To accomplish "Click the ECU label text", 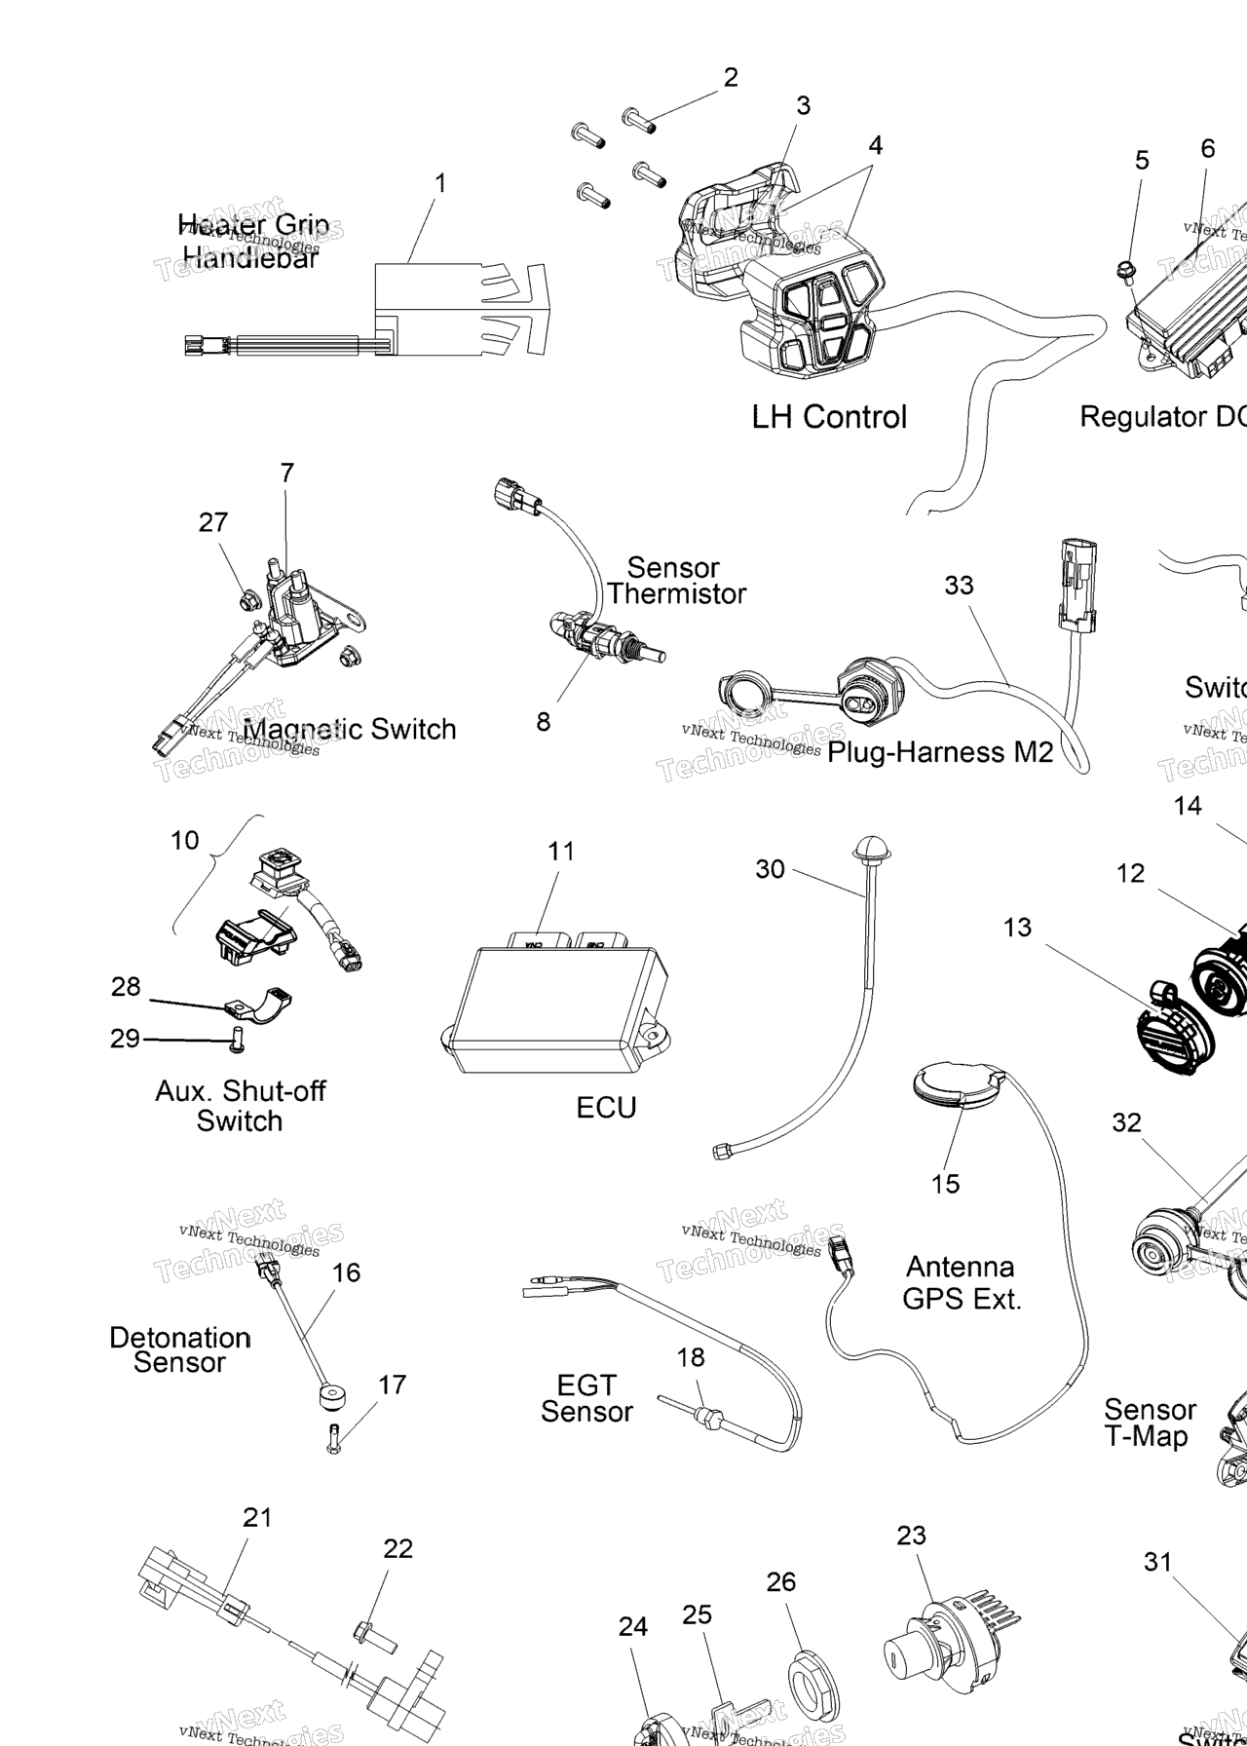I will point(606,1108).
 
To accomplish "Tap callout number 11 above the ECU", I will point(561,852).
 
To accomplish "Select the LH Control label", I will point(829,417).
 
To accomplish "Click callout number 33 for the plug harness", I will point(959,586).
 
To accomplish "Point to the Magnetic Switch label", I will point(350,730).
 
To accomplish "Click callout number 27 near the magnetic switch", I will point(213,523).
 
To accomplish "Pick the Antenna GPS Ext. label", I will point(962,1282).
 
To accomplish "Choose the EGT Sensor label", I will point(586,1398).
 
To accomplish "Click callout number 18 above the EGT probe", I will point(691,1357).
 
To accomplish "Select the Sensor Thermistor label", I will point(675,581).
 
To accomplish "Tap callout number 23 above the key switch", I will point(911,1536).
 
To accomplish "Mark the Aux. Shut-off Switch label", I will point(240,1106).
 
